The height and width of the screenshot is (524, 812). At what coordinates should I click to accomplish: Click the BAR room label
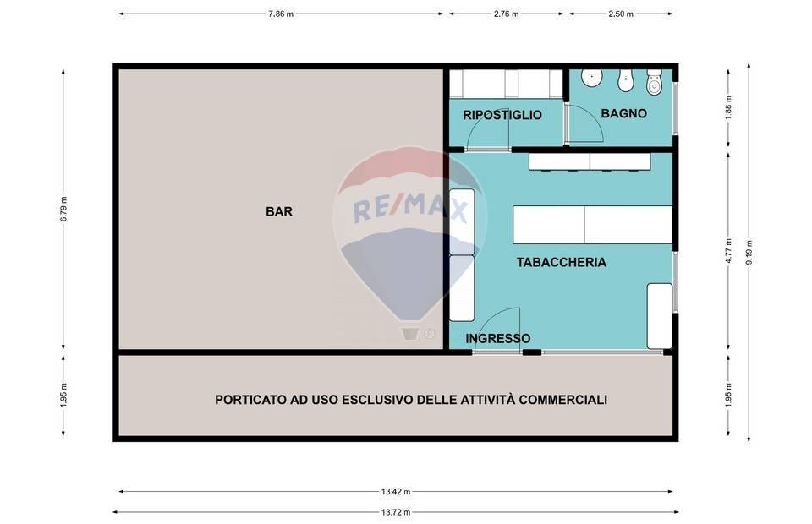point(279,212)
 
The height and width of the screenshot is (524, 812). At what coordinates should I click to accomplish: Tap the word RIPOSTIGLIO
point(502,115)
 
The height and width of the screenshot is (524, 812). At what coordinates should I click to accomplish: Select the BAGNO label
point(623,113)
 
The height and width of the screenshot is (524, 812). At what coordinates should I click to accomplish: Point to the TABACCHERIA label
point(561,262)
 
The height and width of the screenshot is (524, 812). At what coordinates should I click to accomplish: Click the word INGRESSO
point(498,338)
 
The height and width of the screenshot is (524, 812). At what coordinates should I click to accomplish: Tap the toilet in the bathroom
point(654,83)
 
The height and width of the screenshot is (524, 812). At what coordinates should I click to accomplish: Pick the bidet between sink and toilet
point(624,81)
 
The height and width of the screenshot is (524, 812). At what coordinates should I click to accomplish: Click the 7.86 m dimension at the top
point(282,14)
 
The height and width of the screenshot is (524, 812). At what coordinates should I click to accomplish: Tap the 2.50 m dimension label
point(621,14)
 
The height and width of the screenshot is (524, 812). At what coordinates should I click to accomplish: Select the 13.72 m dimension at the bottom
point(395,512)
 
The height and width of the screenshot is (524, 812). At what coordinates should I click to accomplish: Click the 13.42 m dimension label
point(395,492)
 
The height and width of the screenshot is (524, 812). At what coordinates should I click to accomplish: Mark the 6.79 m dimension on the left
point(63,209)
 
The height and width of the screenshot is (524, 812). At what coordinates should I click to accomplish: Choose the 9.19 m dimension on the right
point(749,253)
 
